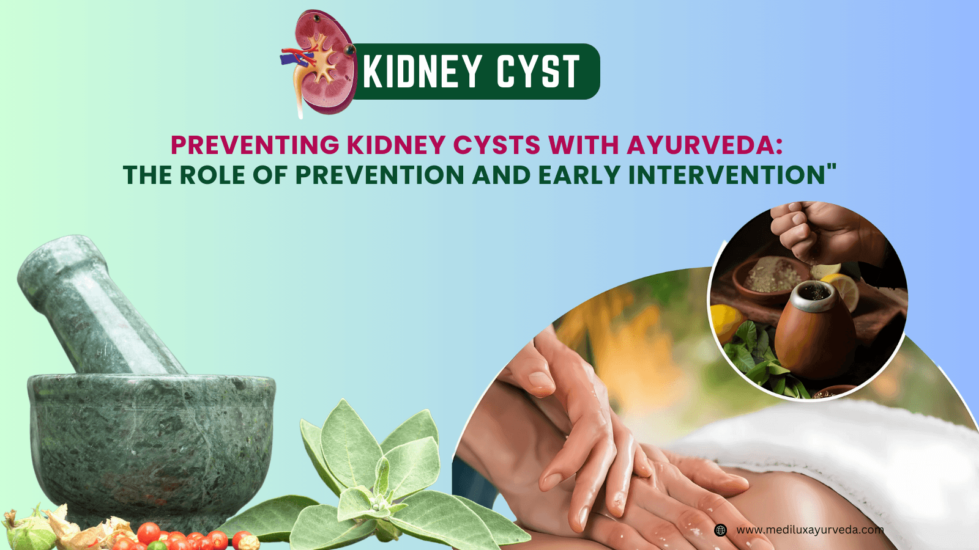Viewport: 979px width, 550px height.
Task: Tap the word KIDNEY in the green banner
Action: click(422, 72)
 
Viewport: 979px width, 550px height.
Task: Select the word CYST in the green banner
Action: click(537, 72)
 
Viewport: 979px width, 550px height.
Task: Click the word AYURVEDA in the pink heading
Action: click(704, 145)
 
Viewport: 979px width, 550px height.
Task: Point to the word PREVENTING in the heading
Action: click(255, 145)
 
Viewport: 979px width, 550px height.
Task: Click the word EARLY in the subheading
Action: click(580, 175)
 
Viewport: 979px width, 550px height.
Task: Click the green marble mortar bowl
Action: click(153, 446)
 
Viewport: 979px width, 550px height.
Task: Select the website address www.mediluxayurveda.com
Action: click(810, 530)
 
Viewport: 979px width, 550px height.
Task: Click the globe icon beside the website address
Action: click(721, 530)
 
